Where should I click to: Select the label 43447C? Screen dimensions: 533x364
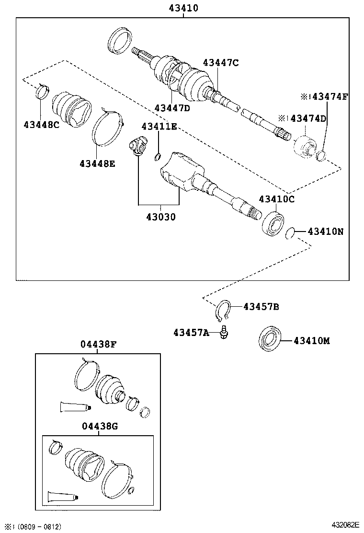[x=221, y=62]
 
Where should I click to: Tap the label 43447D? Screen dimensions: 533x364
[x=172, y=108]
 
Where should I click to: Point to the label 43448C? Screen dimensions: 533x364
[x=41, y=125]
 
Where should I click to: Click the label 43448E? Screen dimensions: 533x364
[x=97, y=163]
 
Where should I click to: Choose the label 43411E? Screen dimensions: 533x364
[x=159, y=126]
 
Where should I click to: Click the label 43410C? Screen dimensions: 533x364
[x=277, y=199]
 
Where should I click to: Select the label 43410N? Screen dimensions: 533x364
[x=325, y=232]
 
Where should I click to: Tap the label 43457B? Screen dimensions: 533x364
[x=262, y=306]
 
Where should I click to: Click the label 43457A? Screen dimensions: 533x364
[x=191, y=333]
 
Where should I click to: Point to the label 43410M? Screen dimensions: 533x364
[x=312, y=341]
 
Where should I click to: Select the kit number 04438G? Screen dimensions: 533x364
[x=98, y=425]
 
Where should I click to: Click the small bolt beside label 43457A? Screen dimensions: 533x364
[x=224, y=333]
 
